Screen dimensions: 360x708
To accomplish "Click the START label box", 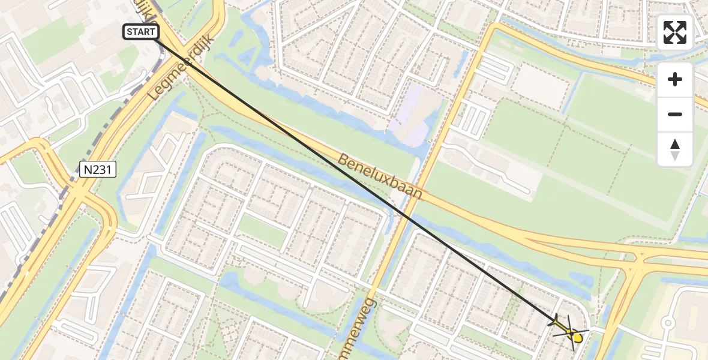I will point(141,32).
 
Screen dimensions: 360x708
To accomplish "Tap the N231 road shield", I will point(97,170).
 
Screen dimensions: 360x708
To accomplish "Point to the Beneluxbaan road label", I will point(380,177).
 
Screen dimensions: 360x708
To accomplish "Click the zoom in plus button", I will point(675,79).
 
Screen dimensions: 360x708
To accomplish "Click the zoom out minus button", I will point(675,114).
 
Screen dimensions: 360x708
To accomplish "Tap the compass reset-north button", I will point(675,149).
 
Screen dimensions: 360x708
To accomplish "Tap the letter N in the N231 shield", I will point(88,170).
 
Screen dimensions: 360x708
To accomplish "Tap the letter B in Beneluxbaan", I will point(343,160).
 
